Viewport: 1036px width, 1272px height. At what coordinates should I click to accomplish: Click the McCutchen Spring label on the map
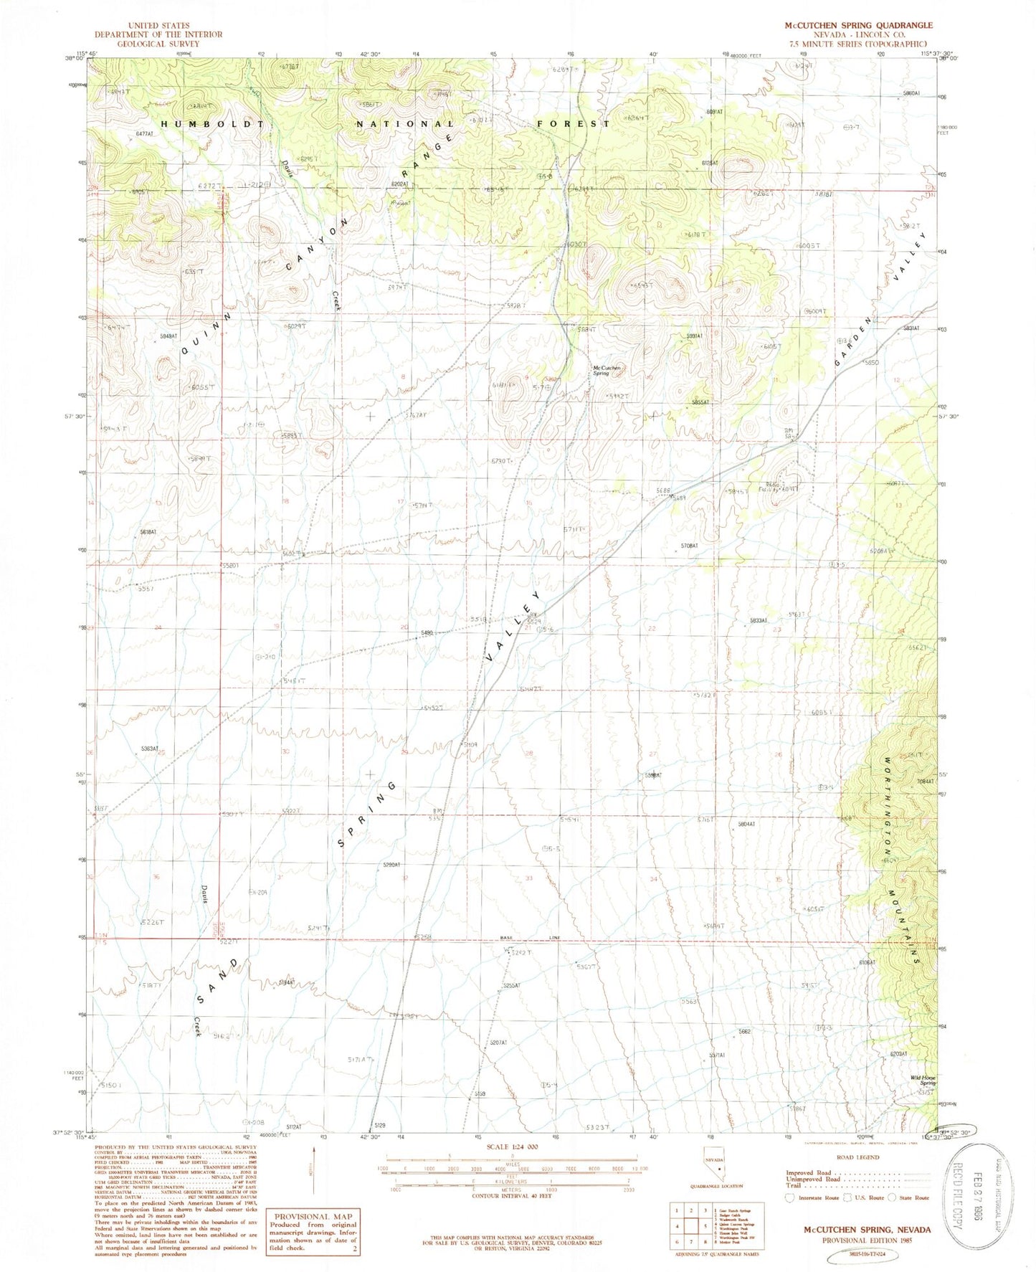click(x=606, y=370)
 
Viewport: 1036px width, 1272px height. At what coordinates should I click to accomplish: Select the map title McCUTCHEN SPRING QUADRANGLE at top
click(x=858, y=25)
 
